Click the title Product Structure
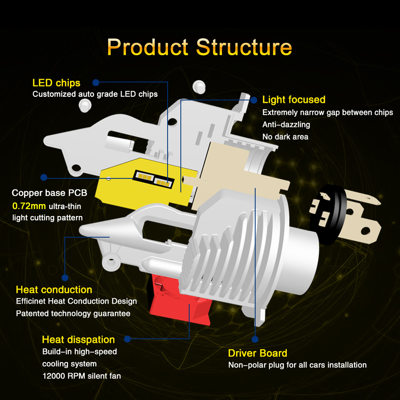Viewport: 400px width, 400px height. pos(200,47)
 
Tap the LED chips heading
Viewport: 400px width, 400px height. pos(56,83)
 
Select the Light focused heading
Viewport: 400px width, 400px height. pos(294,100)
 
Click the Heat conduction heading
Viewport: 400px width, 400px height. pos(54,290)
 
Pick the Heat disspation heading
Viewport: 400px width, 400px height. pos(78,340)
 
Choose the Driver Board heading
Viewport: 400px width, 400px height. pos(258,353)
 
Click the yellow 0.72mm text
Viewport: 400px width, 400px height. pos(29,206)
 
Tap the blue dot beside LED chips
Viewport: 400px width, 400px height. pos(96,82)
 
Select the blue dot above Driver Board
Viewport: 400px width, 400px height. pos(255,339)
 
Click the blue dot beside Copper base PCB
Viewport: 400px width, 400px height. pos(44,177)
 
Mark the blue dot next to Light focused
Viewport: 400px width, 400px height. pos(254,100)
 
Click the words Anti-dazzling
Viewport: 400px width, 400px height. pos(286,125)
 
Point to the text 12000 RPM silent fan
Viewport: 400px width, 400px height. pos(82,376)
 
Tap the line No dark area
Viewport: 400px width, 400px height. pos(285,137)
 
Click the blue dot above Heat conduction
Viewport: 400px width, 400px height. pos(65,277)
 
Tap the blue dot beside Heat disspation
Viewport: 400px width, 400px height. pos(127,339)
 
